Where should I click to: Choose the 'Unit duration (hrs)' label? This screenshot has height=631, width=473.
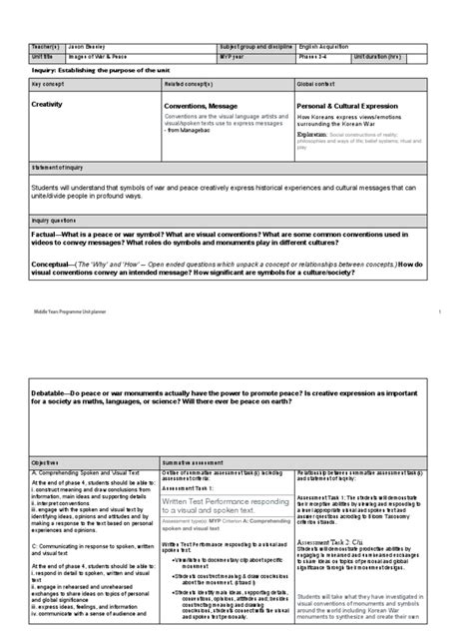[x=407, y=56]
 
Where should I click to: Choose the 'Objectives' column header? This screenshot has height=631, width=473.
[x=46, y=435]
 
